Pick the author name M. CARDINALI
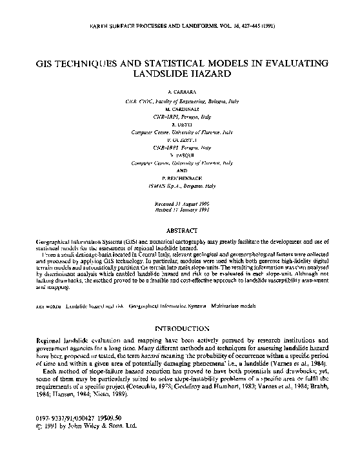click(x=180, y=109)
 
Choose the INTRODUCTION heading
click(x=180, y=328)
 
